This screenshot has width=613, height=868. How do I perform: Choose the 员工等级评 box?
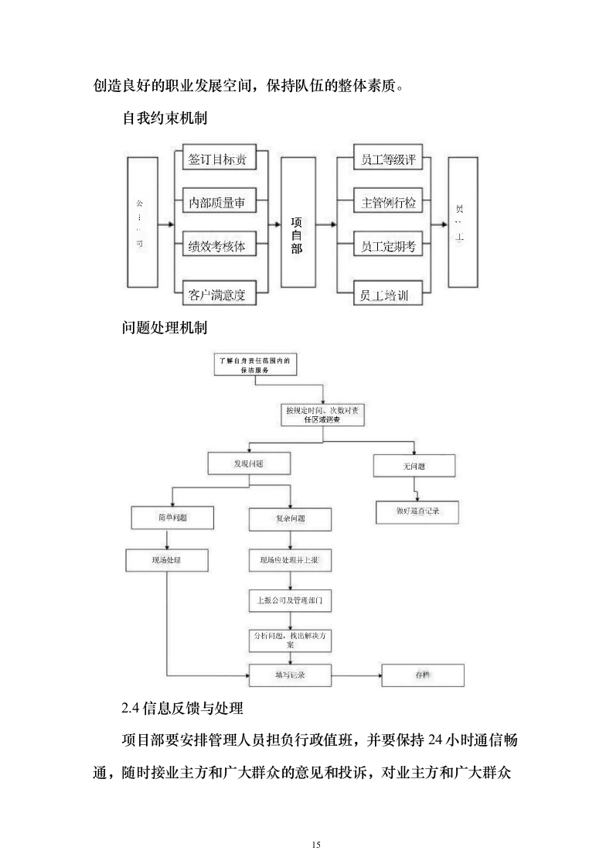[x=388, y=160]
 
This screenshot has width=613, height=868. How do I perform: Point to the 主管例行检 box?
[x=388, y=203]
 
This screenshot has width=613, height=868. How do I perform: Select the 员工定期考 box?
[x=388, y=248]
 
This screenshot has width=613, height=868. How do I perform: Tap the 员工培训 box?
[x=388, y=295]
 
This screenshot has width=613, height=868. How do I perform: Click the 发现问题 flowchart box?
[x=249, y=463]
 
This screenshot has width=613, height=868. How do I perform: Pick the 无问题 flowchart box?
[x=414, y=466]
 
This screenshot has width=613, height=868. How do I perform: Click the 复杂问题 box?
[x=290, y=518]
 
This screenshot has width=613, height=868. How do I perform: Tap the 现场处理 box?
[x=167, y=559]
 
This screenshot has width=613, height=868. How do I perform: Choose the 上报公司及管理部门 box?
[x=290, y=600]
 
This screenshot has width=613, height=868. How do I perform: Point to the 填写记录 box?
[x=290, y=675]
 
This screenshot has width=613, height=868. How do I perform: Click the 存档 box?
[x=423, y=675]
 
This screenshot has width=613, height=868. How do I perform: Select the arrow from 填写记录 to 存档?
[x=356, y=675]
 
